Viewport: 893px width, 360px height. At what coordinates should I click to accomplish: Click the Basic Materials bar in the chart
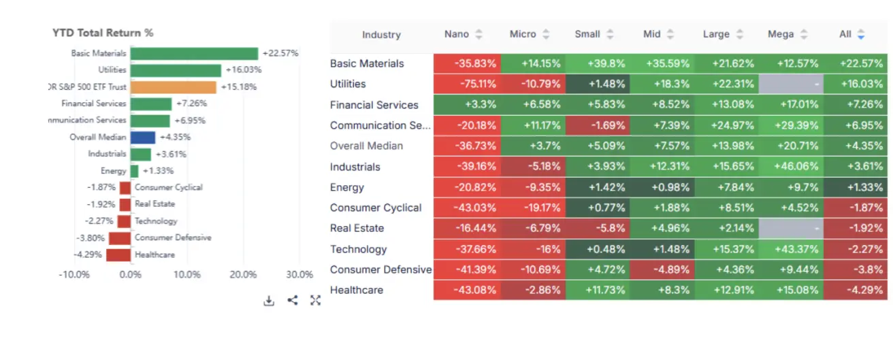click(195, 53)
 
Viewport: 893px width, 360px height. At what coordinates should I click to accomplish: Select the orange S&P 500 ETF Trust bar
click(174, 87)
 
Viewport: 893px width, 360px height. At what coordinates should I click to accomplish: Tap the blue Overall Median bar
click(143, 137)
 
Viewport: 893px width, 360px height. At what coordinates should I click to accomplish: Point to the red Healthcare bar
click(118, 255)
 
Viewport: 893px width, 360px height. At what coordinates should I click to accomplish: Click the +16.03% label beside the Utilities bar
click(243, 70)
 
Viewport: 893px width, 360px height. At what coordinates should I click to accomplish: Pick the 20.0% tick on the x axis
click(243, 275)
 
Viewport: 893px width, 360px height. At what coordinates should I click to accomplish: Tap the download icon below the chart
click(269, 301)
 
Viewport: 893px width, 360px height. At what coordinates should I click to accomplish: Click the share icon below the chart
click(292, 300)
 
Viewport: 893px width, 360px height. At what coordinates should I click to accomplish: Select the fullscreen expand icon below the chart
click(315, 300)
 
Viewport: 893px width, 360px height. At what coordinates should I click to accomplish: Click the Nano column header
click(457, 34)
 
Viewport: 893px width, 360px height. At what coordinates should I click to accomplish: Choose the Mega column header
click(780, 34)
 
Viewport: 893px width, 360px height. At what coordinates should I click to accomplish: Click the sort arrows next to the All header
click(861, 34)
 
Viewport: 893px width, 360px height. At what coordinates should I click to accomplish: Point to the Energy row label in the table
click(347, 187)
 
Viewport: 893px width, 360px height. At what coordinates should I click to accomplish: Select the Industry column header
click(381, 35)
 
